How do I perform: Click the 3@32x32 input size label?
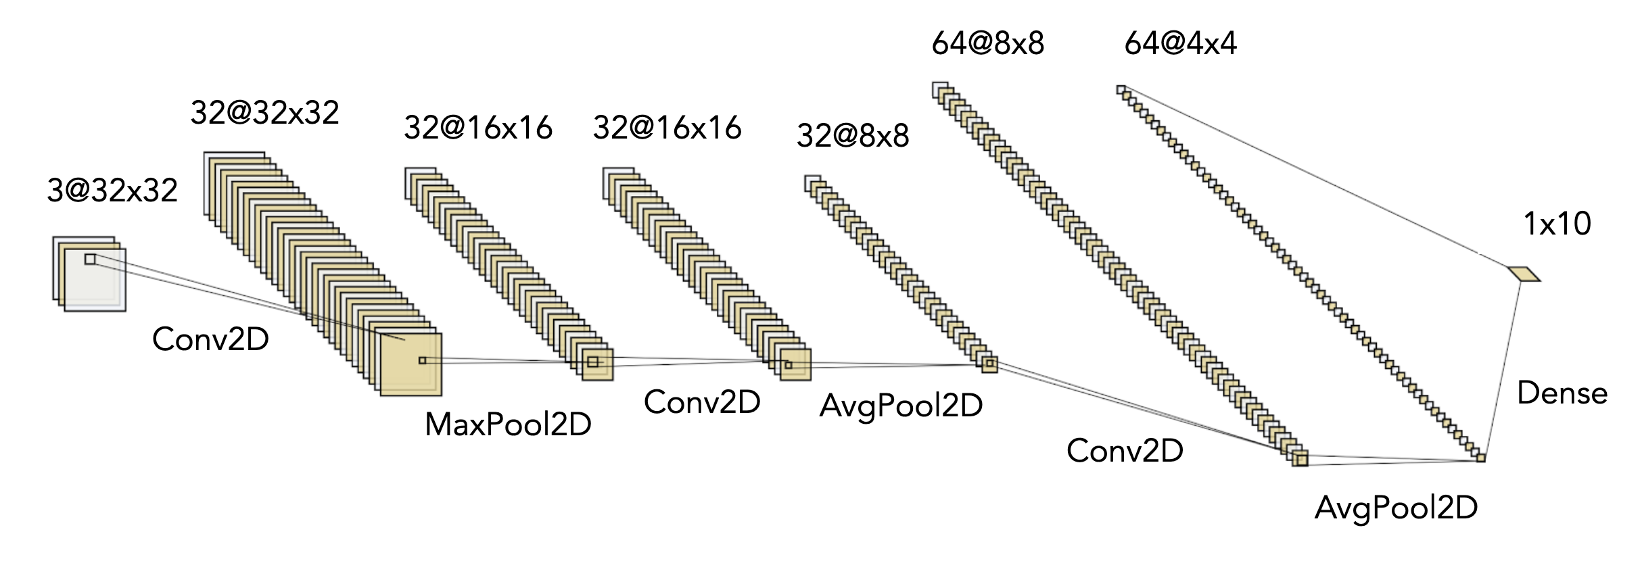112,191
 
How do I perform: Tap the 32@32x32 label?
264,112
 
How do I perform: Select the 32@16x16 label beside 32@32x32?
478,128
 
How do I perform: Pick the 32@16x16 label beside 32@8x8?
667,128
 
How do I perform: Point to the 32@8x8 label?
853,136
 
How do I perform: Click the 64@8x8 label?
987,44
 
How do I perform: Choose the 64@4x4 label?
1180,44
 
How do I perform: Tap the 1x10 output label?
1557,224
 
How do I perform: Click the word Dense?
1562,393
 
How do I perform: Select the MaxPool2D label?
508,424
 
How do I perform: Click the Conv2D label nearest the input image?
210,339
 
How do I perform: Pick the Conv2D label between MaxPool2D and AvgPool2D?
702,402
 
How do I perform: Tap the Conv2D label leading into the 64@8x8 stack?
1125,450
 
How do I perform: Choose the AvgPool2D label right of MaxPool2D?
901,406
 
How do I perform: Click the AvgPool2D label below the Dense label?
1396,507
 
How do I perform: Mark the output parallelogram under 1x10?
1524,274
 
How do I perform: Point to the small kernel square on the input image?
90,259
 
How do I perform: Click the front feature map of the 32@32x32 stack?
411,375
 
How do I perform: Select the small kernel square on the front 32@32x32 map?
423,361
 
